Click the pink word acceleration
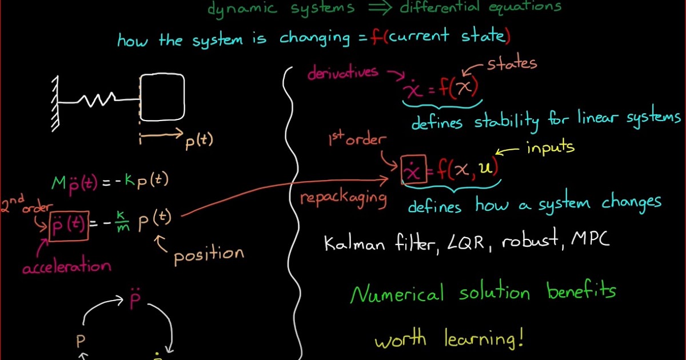click(66, 266)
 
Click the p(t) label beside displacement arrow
click(199, 141)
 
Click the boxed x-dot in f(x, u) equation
click(414, 170)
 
